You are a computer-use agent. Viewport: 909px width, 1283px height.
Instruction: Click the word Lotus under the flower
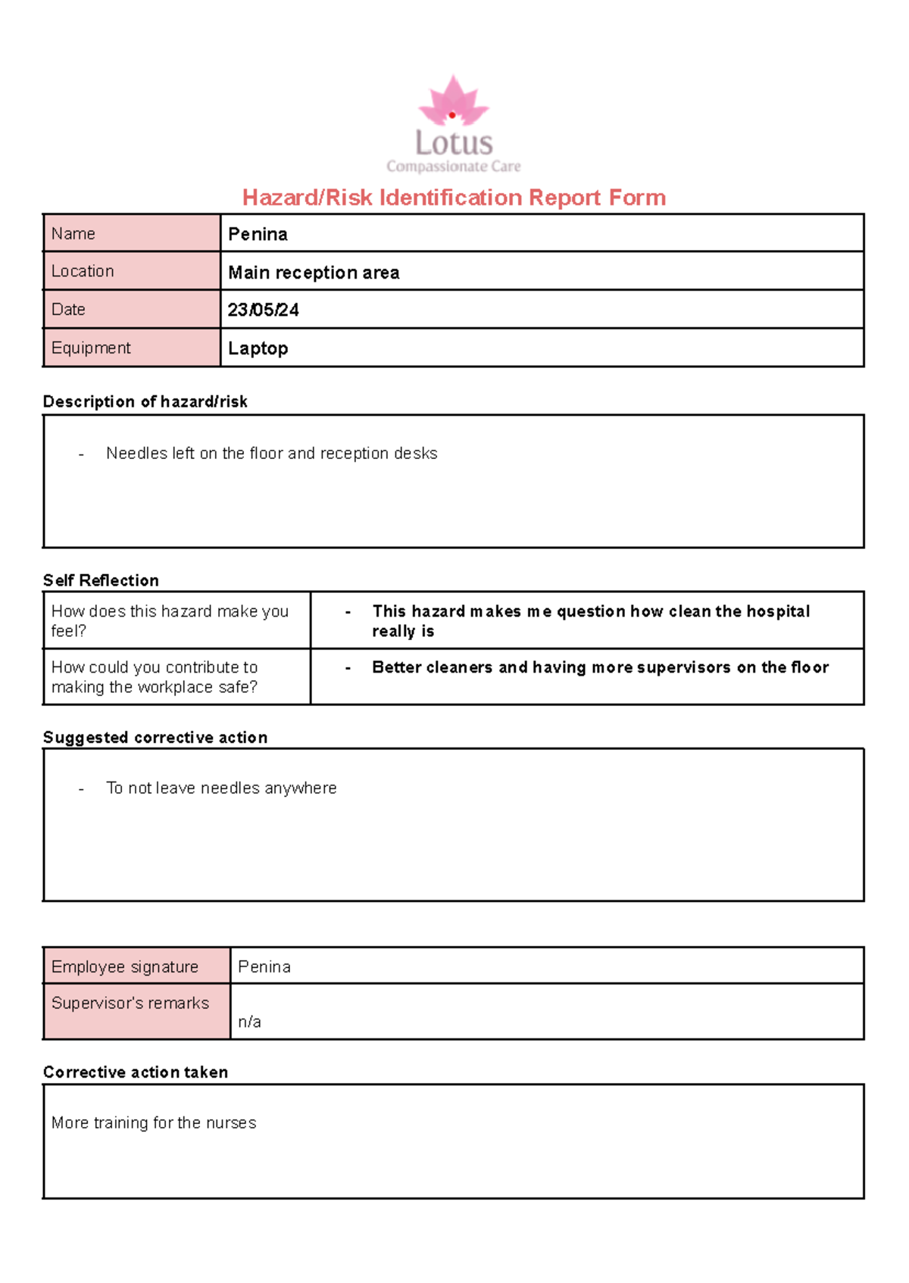(x=453, y=143)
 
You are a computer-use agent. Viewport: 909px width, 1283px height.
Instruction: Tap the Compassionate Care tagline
(x=453, y=167)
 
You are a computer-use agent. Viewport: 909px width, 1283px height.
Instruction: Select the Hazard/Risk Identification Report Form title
(x=453, y=198)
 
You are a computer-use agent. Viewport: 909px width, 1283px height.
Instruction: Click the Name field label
(x=73, y=234)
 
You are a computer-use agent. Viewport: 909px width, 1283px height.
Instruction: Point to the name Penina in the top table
(x=258, y=235)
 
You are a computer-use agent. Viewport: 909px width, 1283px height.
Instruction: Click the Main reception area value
(x=314, y=273)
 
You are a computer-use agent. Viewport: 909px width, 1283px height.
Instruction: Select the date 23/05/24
(x=263, y=311)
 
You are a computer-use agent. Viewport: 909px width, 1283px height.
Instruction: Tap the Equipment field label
(x=91, y=348)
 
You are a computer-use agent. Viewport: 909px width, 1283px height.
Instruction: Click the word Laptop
(x=258, y=348)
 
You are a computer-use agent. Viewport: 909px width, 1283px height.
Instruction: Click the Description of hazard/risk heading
(x=145, y=402)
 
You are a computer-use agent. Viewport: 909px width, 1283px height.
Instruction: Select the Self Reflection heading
(x=101, y=581)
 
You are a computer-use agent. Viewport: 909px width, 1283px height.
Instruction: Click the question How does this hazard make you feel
(x=169, y=620)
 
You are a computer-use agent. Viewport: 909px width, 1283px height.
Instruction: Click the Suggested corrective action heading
(x=155, y=738)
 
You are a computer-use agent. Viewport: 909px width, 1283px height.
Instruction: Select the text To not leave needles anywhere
(x=221, y=788)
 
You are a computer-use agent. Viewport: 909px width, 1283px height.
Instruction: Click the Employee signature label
(x=125, y=967)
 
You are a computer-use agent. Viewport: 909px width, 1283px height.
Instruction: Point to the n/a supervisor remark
(x=249, y=1022)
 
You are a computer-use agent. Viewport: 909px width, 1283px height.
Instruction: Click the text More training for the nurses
(x=154, y=1123)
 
